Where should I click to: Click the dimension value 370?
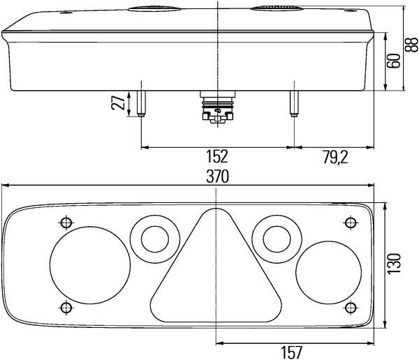click(x=217, y=177)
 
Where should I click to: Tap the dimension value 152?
click(x=217, y=156)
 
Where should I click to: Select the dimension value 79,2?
click(x=335, y=157)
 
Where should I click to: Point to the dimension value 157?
click(x=291, y=352)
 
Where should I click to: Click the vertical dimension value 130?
click(x=395, y=264)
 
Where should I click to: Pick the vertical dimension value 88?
click(x=411, y=45)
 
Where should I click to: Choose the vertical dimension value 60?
click(x=394, y=61)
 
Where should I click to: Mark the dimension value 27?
click(x=118, y=103)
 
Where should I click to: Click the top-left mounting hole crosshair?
click(x=66, y=223)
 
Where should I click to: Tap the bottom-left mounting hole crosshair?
click(x=66, y=308)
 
